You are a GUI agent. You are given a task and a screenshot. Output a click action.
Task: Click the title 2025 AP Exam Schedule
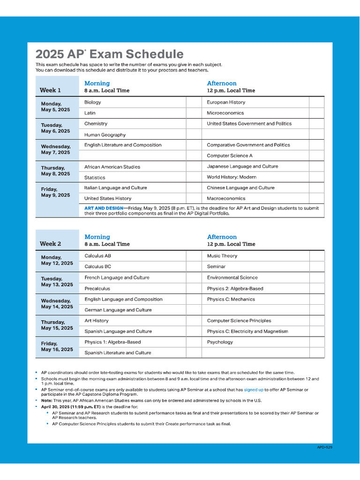pyautogui.click(x=110, y=54)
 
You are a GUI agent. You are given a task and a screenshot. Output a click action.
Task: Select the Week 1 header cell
pyautogui.click(x=50, y=90)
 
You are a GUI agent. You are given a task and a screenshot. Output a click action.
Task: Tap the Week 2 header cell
pyautogui.click(x=50, y=244)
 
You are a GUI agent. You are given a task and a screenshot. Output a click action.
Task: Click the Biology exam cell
pyautogui.click(x=93, y=102)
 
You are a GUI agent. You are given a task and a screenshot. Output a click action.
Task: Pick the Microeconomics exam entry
pyautogui.click(x=225, y=113)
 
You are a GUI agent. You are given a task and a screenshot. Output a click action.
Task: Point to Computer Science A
pyautogui.click(x=230, y=156)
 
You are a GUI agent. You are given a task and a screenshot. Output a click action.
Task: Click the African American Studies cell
pyautogui.click(x=112, y=167)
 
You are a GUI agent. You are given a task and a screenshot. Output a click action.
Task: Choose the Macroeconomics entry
pyautogui.click(x=226, y=198)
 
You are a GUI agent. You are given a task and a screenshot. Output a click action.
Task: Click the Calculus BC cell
pyautogui.click(x=97, y=267)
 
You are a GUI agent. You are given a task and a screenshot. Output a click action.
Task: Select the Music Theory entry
pyautogui.click(x=222, y=256)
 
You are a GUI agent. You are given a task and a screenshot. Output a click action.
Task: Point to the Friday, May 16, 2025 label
pyautogui.click(x=57, y=347)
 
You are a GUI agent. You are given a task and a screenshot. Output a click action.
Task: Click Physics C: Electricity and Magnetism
pyautogui.click(x=247, y=331)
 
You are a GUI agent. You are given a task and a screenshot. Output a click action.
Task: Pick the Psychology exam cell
pyautogui.click(x=220, y=342)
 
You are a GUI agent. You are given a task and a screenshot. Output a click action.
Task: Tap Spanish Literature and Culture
pyautogui.click(x=118, y=353)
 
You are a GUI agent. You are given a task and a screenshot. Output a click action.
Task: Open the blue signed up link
pyautogui.click(x=253, y=390)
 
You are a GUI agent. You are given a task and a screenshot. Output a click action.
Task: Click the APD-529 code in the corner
pyautogui.click(x=324, y=447)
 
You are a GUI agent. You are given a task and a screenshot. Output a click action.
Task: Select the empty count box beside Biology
pyautogui.click(x=193, y=102)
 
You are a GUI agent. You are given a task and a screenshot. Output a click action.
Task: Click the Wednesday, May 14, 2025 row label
pyautogui.click(x=57, y=304)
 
